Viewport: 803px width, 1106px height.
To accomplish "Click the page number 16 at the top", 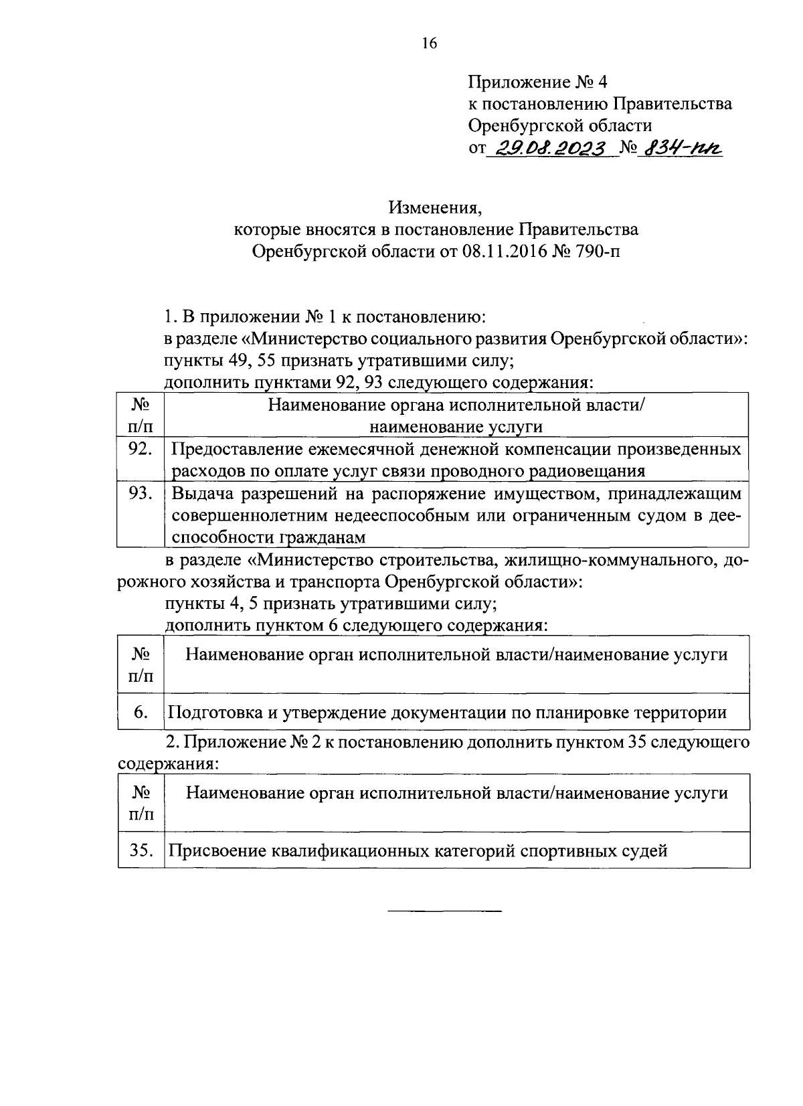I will pyautogui.click(x=429, y=43).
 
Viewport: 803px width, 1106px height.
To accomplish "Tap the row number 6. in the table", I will pyautogui.click(x=140, y=712).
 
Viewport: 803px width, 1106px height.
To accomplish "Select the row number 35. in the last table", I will pyautogui.click(x=141, y=850).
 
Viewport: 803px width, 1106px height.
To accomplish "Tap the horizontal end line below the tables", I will pyautogui.click(x=444, y=911).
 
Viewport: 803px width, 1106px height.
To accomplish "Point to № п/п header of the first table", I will pyautogui.click(x=140, y=416).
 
